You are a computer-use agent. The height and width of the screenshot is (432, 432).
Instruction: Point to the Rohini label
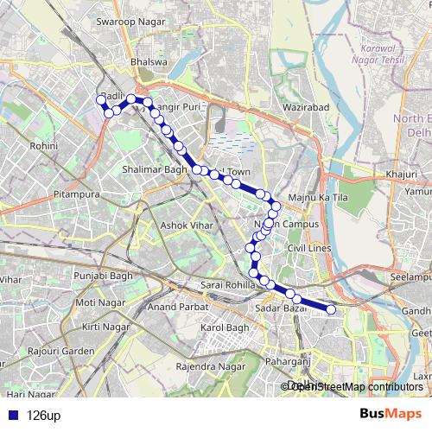pyautogui.click(x=42, y=146)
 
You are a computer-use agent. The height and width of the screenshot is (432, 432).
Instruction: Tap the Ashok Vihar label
pyautogui.click(x=186, y=226)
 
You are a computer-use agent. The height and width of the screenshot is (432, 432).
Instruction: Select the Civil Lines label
pyautogui.click(x=309, y=248)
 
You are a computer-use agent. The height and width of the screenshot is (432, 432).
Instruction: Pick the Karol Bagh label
pyautogui.click(x=225, y=328)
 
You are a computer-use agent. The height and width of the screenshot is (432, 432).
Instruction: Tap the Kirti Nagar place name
pyautogui.click(x=104, y=328)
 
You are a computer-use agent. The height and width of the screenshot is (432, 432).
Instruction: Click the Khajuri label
pyautogui.click(x=402, y=175)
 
